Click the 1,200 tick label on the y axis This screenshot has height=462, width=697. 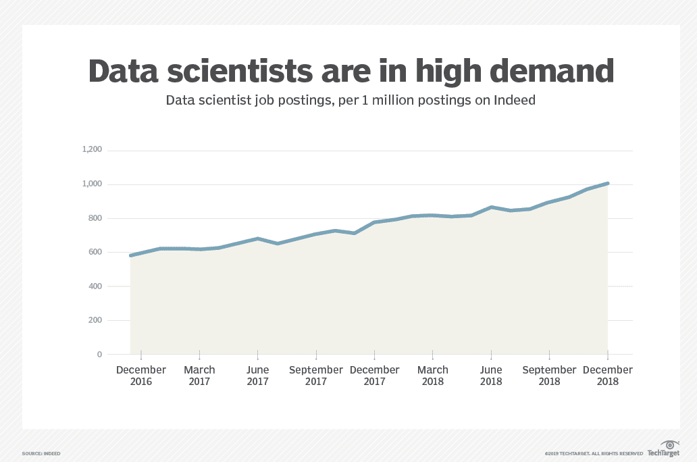(x=92, y=150)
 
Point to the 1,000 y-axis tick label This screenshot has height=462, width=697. (x=92, y=184)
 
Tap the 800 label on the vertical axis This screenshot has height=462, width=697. (x=95, y=218)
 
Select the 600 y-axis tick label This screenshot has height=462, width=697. (x=95, y=252)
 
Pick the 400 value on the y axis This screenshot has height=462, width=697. (x=95, y=286)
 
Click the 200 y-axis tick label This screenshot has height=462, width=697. (x=95, y=320)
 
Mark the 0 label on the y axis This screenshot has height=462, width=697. (x=99, y=354)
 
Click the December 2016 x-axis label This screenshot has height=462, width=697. (x=141, y=376)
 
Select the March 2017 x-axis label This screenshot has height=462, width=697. (x=199, y=376)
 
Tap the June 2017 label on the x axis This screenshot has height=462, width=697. (x=257, y=376)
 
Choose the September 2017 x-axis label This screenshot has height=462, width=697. (x=316, y=376)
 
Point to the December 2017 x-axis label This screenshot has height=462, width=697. (x=374, y=376)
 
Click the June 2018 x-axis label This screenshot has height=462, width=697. (x=491, y=376)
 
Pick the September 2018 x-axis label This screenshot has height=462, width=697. (x=549, y=376)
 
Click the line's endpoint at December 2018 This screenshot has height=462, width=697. (x=608, y=183)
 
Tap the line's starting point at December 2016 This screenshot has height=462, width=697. (x=131, y=255)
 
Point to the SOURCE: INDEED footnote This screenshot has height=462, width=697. (x=41, y=453)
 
